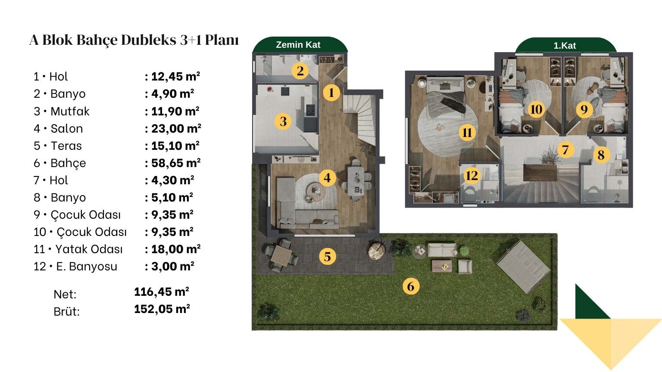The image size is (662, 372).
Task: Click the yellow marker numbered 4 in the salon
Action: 327,178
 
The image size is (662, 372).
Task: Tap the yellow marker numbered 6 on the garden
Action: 411,286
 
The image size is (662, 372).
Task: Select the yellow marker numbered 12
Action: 472,176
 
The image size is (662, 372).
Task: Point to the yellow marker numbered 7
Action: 565,150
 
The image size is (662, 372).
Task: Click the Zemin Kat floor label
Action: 298,45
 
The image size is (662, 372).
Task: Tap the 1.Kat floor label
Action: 565,46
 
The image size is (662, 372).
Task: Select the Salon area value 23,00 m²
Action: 176,128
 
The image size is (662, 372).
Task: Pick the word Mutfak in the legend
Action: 70,112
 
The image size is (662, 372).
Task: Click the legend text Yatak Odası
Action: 89,249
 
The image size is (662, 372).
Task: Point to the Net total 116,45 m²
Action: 162,291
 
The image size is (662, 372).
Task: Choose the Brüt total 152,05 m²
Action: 162,309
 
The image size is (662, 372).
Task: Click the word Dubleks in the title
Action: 149,40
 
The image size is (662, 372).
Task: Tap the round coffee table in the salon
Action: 315,191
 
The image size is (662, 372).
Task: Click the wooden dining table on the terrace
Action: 281,255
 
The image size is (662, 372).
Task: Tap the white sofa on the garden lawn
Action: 442,250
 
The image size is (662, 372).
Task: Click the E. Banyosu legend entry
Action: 87,267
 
